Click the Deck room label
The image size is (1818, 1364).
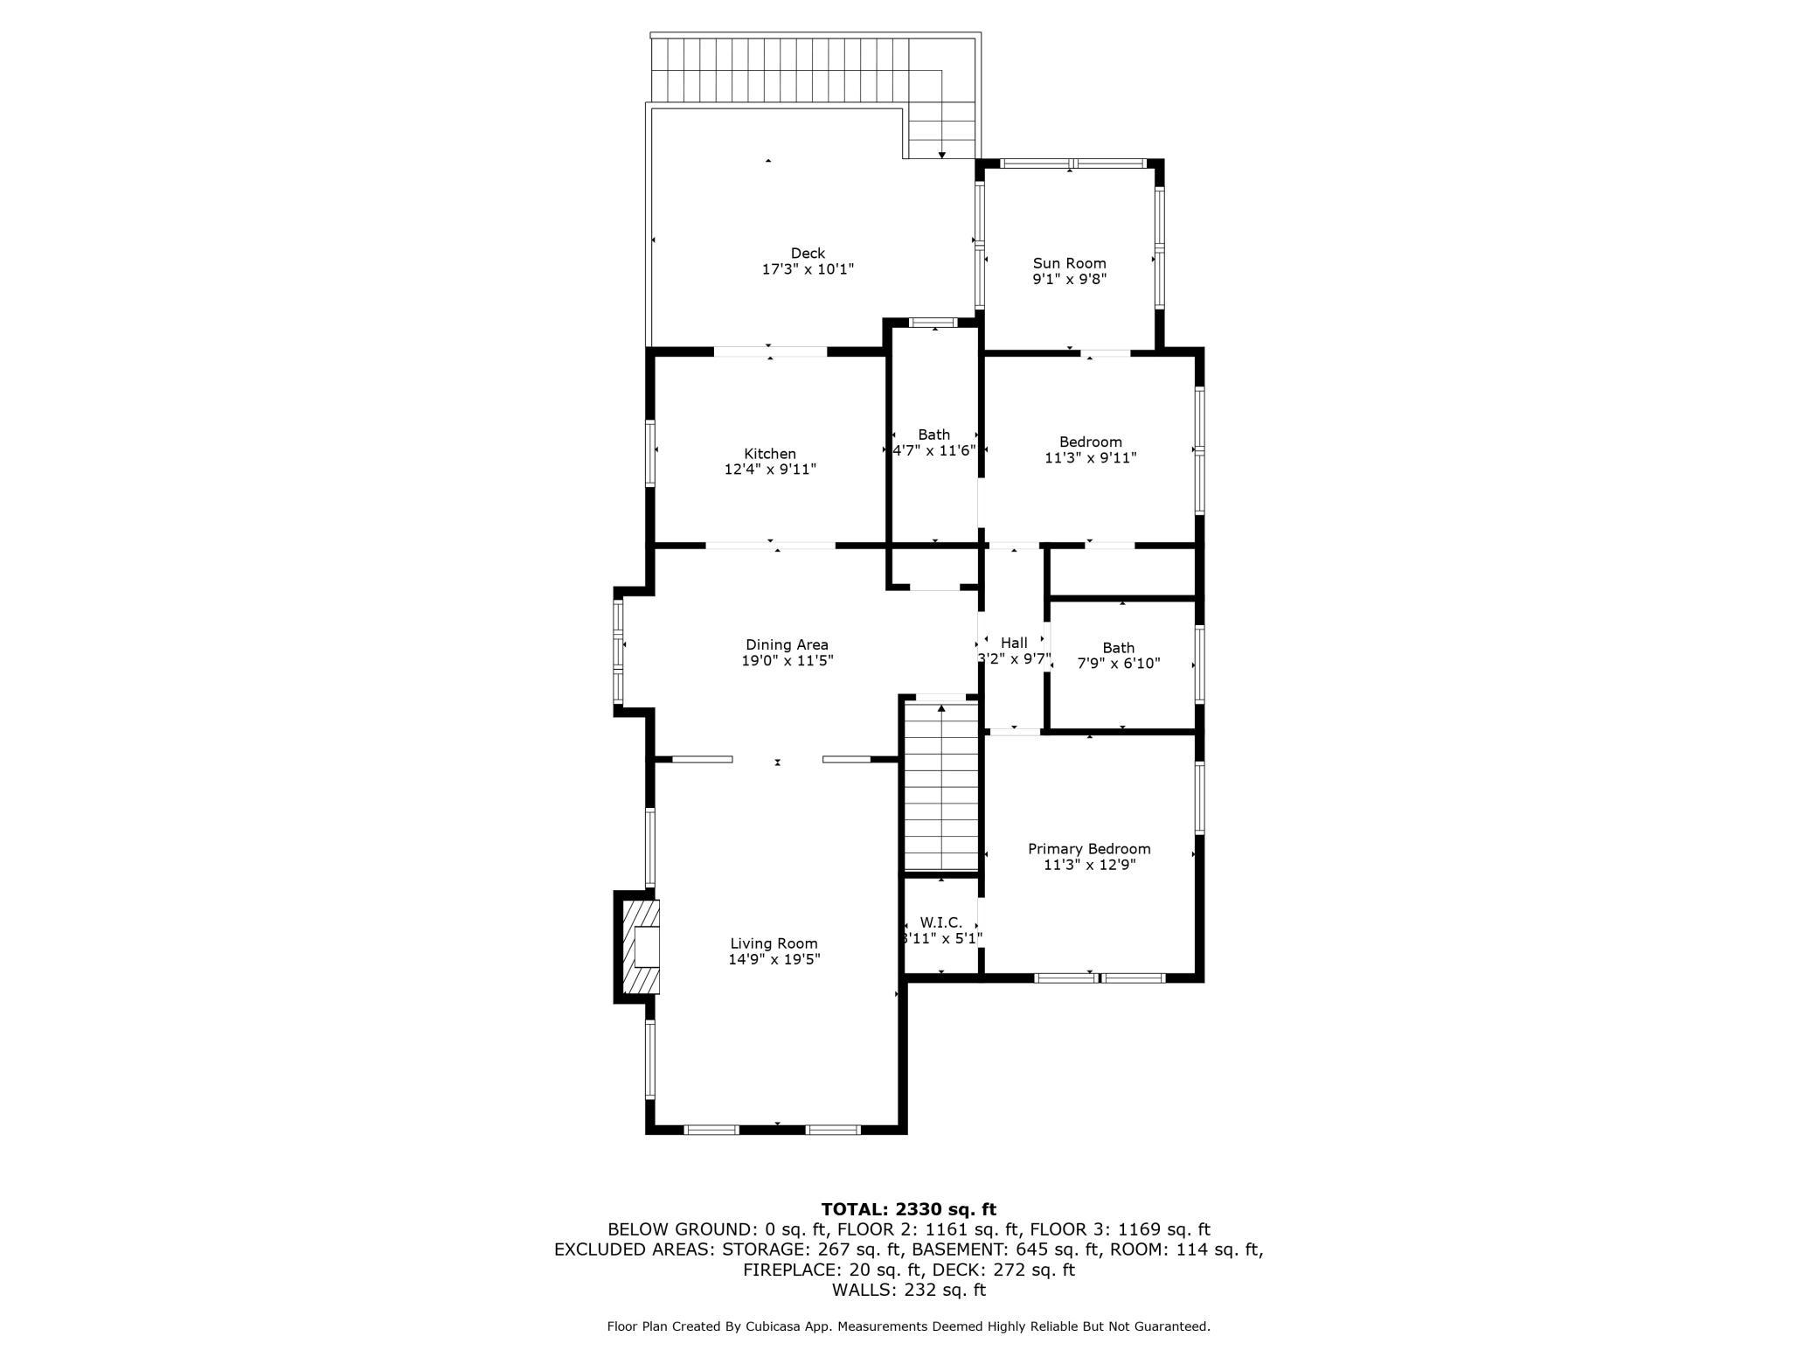[x=808, y=254]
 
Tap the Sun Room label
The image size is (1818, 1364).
[x=1069, y=263]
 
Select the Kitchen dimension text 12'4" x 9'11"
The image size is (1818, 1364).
[x=770, y=470]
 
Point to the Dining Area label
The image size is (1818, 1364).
[x=787, y=645]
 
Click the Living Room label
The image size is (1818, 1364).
[x=774, y=943]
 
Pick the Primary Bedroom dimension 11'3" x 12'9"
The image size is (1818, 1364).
[x=1089, y=865]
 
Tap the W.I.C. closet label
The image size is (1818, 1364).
[x=940, y=922]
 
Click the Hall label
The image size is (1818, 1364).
[x=1014, y=643]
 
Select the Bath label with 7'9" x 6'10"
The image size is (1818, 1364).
[x=1118, y=648]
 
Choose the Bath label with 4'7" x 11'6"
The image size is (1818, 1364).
[x=933, y=435]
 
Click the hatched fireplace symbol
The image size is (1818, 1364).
[x=638, y=947]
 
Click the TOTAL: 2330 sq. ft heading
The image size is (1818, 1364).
[x=908, y=1210]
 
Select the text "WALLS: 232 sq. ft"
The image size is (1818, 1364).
[x=908, y=1290]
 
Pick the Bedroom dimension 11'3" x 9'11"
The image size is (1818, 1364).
[x=1090, y=457]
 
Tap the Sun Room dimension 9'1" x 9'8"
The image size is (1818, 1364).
[x=1069, y=280]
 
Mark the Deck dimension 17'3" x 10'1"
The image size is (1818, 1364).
[x=808, y=270]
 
